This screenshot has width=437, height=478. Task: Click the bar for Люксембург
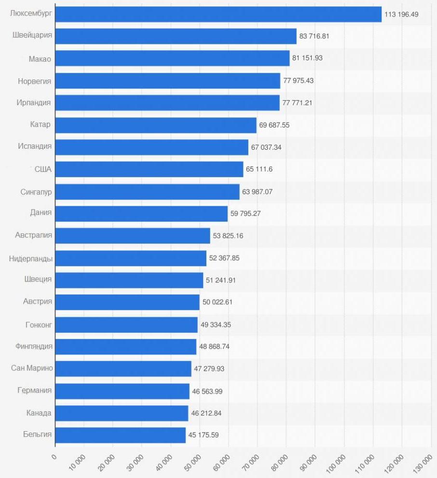218,14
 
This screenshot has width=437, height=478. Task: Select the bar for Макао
172,58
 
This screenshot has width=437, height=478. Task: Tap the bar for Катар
155,125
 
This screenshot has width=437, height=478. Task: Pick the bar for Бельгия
120,435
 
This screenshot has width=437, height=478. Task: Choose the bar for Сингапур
147,192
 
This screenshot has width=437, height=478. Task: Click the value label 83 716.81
314,36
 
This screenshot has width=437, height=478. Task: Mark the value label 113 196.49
401,14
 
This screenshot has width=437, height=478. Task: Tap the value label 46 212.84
206,413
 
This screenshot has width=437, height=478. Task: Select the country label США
43,169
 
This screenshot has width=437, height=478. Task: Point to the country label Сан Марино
32,368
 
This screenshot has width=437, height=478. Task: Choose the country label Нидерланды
31,258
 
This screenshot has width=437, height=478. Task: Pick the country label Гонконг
39,324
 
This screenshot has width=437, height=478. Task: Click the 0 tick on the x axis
54,457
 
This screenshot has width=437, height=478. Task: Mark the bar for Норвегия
167,81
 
